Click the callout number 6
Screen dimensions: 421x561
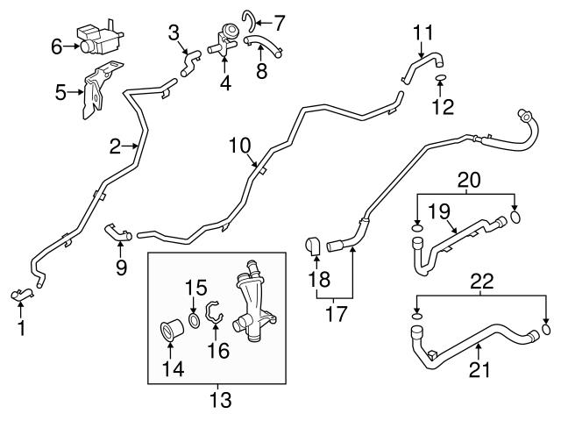pos(57,46)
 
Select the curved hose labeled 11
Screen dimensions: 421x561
pos(423,62)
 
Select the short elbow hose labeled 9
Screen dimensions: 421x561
pos(117,232)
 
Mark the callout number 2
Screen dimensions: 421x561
pos(115,147)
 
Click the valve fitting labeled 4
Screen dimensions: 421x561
pos(223,40)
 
